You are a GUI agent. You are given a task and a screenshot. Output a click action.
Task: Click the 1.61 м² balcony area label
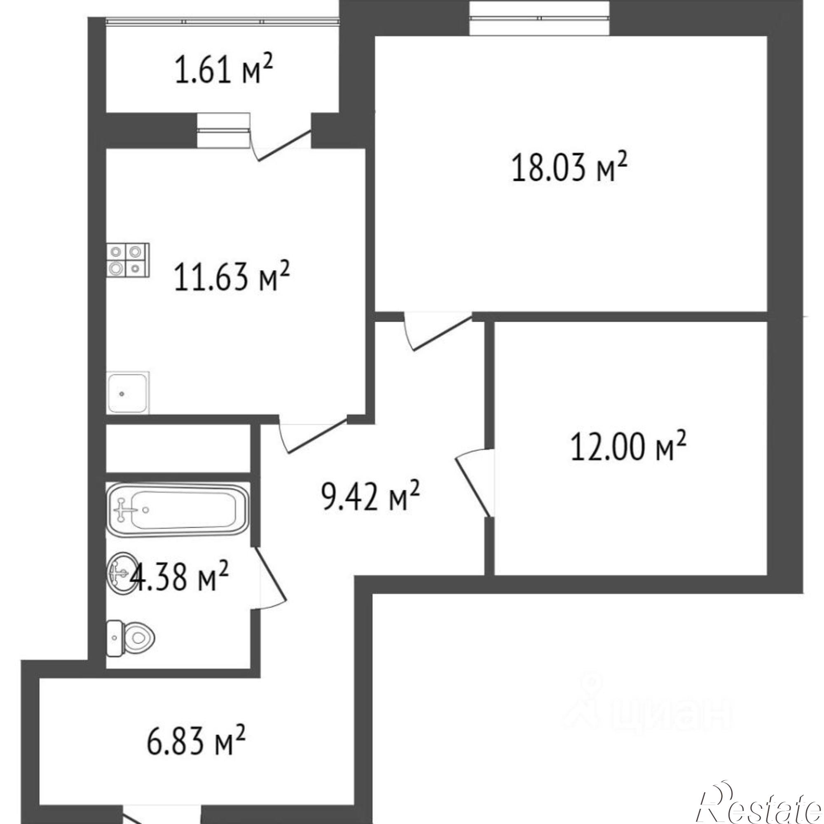pyautogui.click(x=223, y=69)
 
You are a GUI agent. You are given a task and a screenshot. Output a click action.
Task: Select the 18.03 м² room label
pyautogui.click(x=570, y=168)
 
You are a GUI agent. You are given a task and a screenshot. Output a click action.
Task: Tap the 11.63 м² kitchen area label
pyautogui.click(x=232, y=276)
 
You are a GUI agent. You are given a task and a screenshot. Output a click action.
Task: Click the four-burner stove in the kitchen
pyautogui.click(x=128, y=261)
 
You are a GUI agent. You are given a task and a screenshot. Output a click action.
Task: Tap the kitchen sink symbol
pyautogui.click(x=128, y=392)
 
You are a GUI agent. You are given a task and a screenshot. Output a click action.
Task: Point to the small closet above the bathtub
pyautogui.click(x=178, y=448)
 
